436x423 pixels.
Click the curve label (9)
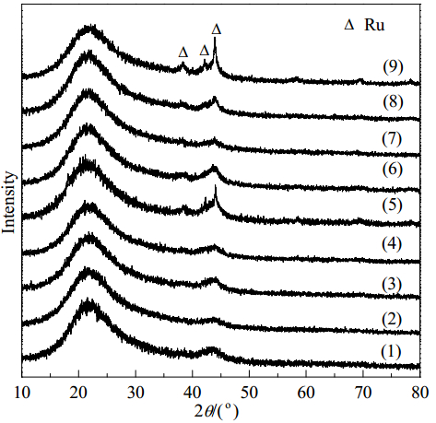click(x=393, y=67)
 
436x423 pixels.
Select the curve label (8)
click(x=393, y=101)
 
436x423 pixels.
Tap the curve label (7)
click(x=392, y=139)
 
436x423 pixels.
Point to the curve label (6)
click(x=392, y=170)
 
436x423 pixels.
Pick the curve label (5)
click(x=392, y=206)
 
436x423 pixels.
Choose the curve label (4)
click(x=392, y=244)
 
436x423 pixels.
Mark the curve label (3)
click(x=392, y=285)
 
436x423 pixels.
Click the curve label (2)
click(x=392, y=320)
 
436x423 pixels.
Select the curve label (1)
click(x=391, y=352)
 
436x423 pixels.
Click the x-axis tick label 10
click(x=22, y=393)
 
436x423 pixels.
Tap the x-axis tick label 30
click(x=136, y=393)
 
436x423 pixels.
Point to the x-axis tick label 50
click(x=249, y=393)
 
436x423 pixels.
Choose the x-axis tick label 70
click(x=363, y=393)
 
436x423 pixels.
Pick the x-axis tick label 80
click(x=419, y=393)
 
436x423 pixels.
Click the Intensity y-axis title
click(x=8, y=203)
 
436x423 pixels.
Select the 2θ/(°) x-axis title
click(x=217, y=412)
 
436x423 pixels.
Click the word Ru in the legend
click(x=374, y=25)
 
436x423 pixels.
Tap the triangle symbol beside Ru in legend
click(x=349, y=25)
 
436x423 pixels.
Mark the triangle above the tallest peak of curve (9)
click(x=217, y=29)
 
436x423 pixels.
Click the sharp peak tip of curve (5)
click(x=215, y=186)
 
